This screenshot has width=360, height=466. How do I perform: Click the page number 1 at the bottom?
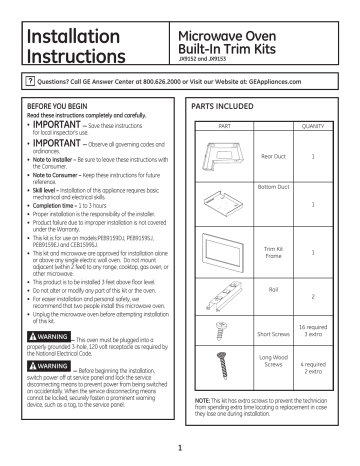180,449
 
